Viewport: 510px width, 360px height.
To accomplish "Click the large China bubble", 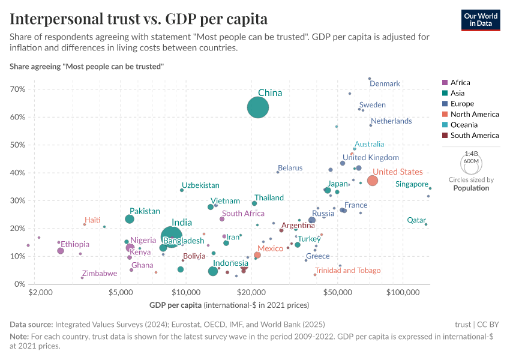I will point(258,108).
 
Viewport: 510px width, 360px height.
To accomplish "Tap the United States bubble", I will point(372,181).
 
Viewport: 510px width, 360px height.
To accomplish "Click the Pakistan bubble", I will point(130,219).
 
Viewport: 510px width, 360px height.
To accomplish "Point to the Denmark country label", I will point(385,83).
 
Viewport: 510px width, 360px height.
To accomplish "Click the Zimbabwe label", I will point(100,274).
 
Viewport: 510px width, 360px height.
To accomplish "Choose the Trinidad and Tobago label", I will point(347,271).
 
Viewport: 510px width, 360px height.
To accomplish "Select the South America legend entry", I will point(474,136).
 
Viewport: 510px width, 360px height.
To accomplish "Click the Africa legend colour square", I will point(444,83).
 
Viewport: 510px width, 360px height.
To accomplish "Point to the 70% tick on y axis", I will point(17,89).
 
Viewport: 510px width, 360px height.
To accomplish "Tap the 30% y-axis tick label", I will point(17,200).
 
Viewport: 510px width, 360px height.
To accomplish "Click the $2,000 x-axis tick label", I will point(39,292).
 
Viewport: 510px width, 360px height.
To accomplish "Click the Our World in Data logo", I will point(481,19).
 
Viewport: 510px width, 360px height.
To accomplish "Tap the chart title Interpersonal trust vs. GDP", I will point(139,19).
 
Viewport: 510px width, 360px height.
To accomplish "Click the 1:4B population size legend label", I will point(471,154).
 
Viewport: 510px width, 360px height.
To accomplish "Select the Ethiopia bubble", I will point(61,251).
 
